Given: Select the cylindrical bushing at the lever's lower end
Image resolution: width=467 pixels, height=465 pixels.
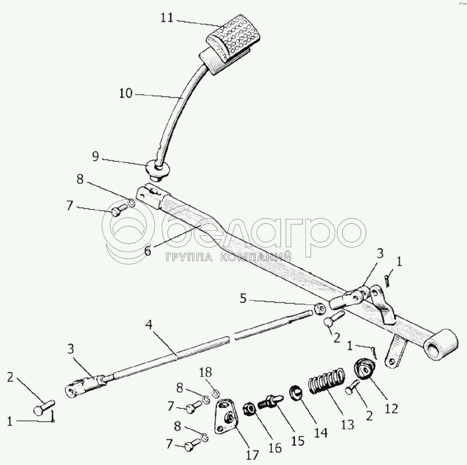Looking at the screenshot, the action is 442,344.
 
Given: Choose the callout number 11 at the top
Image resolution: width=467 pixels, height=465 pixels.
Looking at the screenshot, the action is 167,18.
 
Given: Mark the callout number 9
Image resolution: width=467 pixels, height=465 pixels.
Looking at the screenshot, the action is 95,156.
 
